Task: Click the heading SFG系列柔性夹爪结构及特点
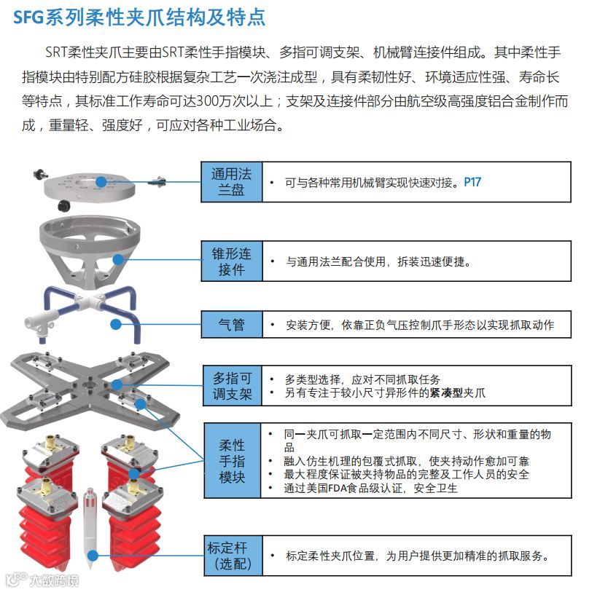click(139, 17)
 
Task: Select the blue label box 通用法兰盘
click(231, 183)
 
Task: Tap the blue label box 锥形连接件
click(231, 261)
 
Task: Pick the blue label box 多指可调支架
click(231, 386)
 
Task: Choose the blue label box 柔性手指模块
click(231, 461)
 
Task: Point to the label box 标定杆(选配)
click(231, 556)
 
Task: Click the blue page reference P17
click(472, 182)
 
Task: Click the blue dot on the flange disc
click(101, 181)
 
